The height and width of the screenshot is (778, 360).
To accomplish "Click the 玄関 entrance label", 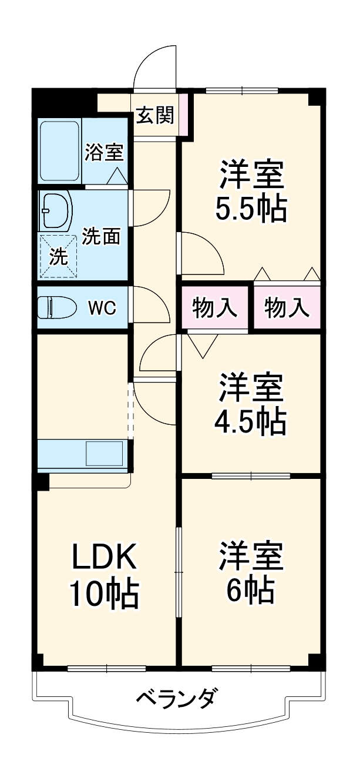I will [155, 116].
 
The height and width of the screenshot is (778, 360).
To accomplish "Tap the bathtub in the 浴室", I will [59, 151].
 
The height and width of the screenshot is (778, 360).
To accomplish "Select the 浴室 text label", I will [104, 152].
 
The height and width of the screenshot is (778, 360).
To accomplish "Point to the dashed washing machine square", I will [58, 256].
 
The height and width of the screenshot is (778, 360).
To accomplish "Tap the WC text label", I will [102, 308].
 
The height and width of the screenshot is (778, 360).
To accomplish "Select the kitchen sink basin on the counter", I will [105, 453].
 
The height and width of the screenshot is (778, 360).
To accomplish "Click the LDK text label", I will [105, 556].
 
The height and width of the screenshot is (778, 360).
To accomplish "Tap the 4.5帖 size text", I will [251, 418].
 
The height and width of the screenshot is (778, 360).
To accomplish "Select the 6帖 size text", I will [251, 591].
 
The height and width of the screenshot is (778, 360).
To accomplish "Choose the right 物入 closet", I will [287, 308].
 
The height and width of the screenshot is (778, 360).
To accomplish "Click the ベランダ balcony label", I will [177, 699].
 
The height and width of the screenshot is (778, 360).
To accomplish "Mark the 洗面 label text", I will [101, 236].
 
